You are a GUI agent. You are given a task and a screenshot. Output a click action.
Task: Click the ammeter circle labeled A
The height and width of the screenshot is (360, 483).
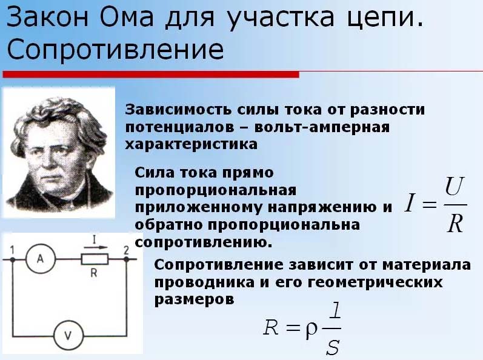[x=41, y=259]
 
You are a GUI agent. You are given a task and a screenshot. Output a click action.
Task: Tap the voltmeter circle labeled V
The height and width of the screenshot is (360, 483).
[x=68, y=335]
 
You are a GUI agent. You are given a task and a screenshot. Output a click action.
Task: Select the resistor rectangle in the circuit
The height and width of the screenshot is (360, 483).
[x=95, y=259]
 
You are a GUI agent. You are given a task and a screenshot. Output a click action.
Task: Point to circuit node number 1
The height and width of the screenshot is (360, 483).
[x=13, y=259]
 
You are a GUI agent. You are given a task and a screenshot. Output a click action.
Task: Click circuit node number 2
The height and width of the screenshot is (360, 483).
[x=126, y=259]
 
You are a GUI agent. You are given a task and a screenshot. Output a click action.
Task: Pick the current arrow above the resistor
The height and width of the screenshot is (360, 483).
[x=96, y=247]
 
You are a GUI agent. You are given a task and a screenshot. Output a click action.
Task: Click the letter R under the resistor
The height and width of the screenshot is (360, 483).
[x=94, y=273]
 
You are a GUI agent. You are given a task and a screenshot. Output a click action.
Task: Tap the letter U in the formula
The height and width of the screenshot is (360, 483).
[x=455, y=187]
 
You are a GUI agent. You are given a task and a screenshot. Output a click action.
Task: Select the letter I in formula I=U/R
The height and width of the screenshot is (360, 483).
[x=409, y=202]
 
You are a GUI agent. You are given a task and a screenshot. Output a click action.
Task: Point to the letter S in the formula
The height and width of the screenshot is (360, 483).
[x=333, y=347]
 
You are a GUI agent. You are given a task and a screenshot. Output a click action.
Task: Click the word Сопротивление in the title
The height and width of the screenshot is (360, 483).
[x=115, y=49]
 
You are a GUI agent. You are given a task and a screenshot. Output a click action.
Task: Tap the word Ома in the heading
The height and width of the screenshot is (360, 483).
[x=126, y=17]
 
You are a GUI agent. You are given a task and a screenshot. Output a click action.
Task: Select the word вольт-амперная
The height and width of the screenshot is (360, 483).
[x=322, y=127]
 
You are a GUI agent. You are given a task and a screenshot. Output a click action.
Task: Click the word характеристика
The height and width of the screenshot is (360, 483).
[x=191, y=144]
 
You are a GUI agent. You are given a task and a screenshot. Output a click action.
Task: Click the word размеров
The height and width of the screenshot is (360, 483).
[x=194, y=299]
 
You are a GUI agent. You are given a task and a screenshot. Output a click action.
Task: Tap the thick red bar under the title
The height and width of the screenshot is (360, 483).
[x=151, y=74]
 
